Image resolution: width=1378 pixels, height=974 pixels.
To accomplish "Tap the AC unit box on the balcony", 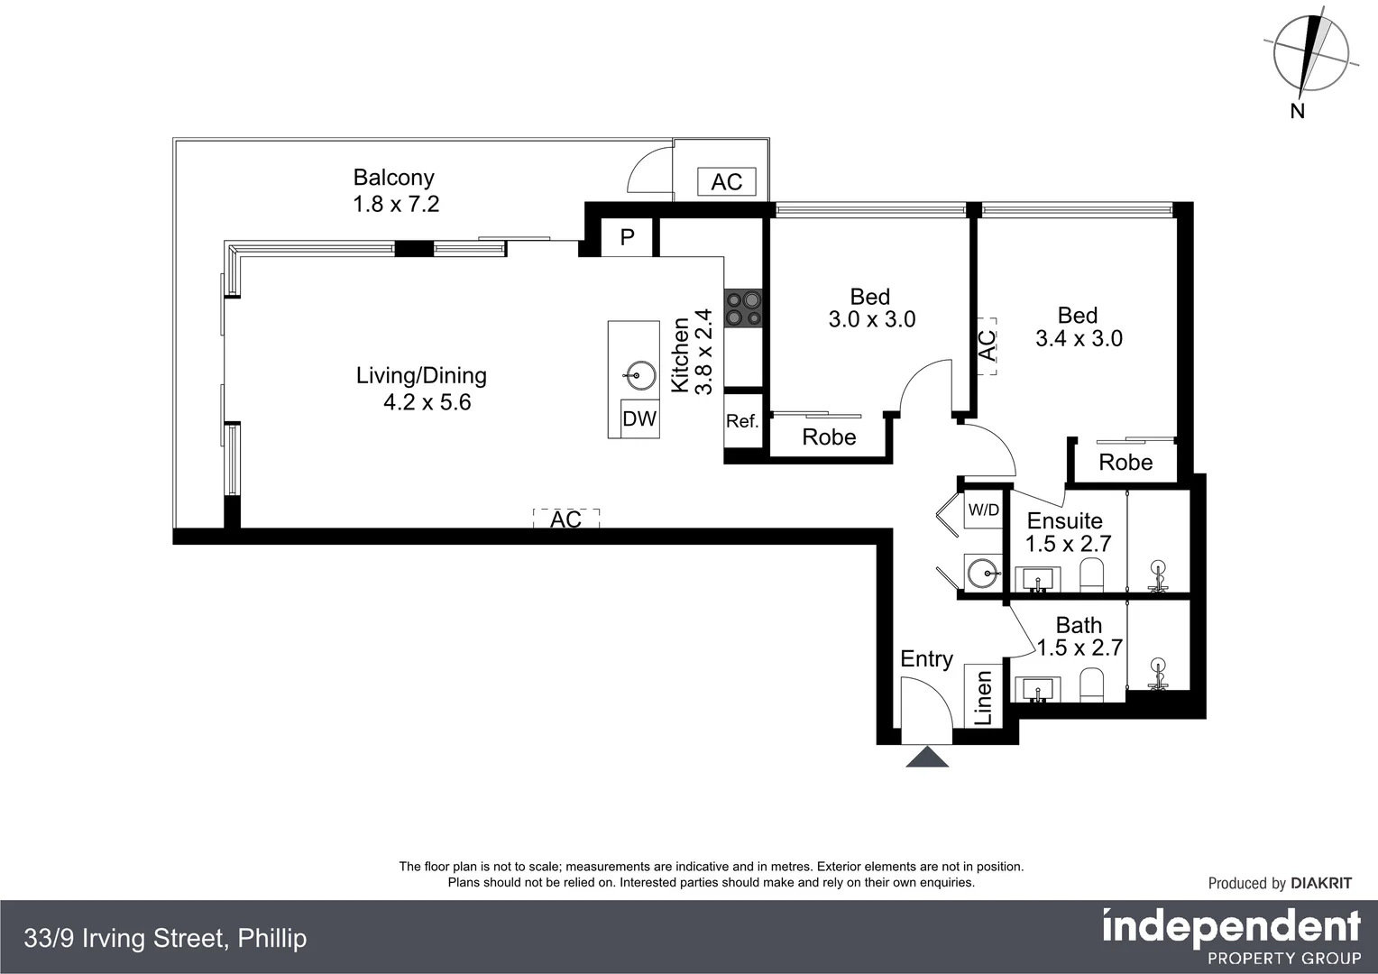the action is pyautogui.click(x=727, y=181).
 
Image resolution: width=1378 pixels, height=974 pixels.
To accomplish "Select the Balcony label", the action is pyautogui.click(x=394, y=177).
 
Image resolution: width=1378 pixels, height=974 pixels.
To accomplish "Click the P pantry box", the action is pyautogui.click(x=626, y=237).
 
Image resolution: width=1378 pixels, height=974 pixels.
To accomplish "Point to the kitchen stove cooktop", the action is pyautogui.click(x=743, y=308).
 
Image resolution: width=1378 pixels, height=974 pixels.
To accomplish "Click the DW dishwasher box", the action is pyautogui.click(x=639, y=418).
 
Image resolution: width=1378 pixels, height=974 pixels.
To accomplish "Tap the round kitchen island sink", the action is pyautogui.click(x=639, y=374).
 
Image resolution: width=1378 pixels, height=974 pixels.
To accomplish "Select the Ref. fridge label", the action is pyautogui.click(x=742, y=421).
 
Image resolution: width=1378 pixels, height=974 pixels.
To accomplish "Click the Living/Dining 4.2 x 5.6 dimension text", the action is pyautogui.click(x=427, y=402).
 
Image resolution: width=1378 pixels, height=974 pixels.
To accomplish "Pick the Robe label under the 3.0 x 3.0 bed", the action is pyautogui.click(x=830, y=436).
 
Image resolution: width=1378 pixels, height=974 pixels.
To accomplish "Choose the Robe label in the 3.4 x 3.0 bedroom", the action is pyautogui.click(x=1125, y=462).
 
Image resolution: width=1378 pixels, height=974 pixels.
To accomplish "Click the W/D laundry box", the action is pyautogui.click(x=984, y=510).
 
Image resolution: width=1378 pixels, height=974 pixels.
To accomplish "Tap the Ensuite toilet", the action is pyautogui.click(x=1092, y=574).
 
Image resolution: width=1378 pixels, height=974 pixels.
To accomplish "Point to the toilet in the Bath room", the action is pyautogui.click(x=1092, y=685).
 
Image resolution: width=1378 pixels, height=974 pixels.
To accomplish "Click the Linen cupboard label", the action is pyautogui.click(x=983, y=698).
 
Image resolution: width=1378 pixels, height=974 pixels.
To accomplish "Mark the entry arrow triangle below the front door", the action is pyautogui.click(x=927, y=756).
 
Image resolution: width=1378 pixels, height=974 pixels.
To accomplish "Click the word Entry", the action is pyautogui.click(x=926, y=659).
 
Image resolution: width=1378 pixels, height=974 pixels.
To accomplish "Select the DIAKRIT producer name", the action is pyautogui.click(x=1321, y=883).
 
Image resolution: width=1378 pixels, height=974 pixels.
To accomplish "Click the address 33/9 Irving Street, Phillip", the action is pyautogui.click(x=165, y=938).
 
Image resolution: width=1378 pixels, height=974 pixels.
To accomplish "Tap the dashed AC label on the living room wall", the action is pyautogui.click(x=566, y=519).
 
